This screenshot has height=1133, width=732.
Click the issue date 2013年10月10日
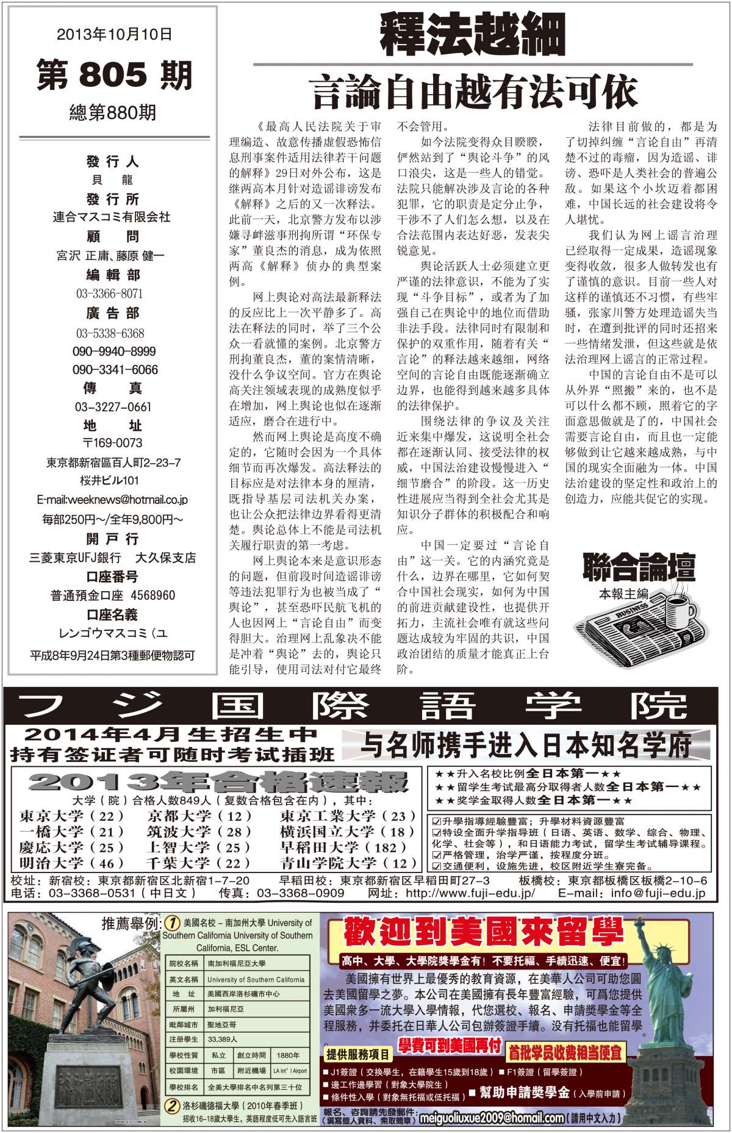114,35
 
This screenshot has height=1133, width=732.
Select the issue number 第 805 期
114,75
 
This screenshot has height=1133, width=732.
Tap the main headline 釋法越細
473,34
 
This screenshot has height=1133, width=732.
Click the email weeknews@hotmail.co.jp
112,500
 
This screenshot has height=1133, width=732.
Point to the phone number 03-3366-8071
110,294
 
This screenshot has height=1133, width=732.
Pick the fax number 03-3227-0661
113,407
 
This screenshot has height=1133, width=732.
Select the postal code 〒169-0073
112,443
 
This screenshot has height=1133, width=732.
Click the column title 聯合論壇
639,567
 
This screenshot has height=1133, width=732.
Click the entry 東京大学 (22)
72,816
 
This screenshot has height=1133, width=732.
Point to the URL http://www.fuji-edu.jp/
470,893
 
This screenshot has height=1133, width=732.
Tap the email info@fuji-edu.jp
658,893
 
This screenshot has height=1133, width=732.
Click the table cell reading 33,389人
223,1039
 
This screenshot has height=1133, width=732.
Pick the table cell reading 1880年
288,1055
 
